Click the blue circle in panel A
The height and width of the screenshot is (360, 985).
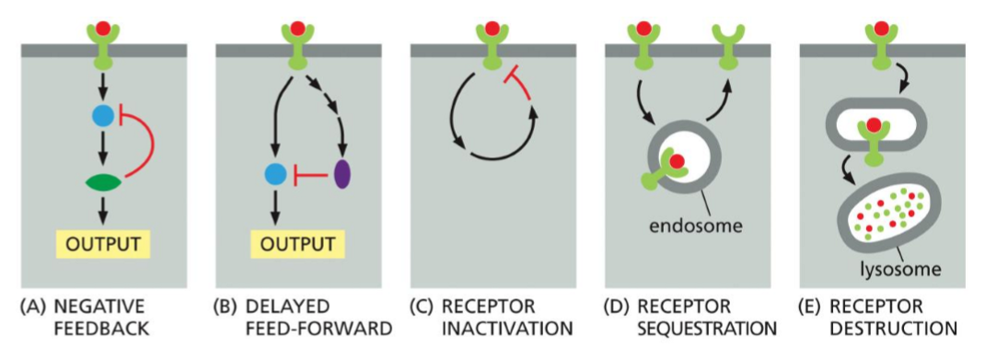click(x=103, y=116)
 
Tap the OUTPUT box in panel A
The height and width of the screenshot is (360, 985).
click(x=103, y=246)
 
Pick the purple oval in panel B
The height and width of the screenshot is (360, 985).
click(x=342, y=172)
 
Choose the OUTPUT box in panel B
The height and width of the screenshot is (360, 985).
click(x=297, y=246)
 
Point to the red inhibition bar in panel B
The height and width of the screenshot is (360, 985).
click(x=307, y=173)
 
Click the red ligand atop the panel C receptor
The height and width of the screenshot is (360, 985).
click(x=492, y=29)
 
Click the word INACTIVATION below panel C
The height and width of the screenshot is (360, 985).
click(x=498, y=328)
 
